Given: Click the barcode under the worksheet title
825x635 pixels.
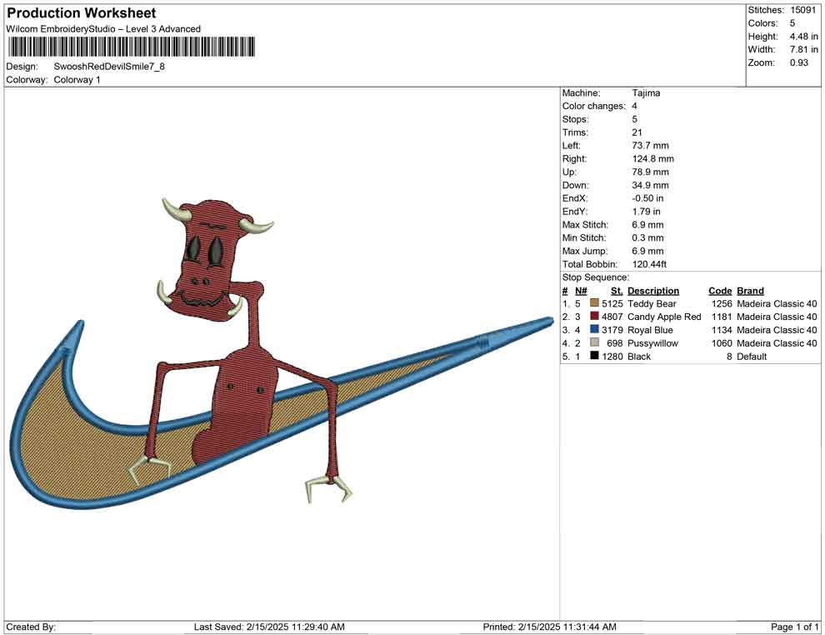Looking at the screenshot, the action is click(131, 47).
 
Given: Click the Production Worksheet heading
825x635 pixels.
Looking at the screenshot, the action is click(82, 13).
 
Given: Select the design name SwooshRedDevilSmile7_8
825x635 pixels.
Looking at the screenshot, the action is click(109, 67).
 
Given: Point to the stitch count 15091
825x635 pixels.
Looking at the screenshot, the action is click(802, 10).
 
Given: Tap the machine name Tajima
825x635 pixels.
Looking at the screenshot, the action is click(646, 93).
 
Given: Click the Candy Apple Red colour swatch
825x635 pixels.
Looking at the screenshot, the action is click(594, 316).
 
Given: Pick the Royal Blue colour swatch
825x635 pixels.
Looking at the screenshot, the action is click(594, 329).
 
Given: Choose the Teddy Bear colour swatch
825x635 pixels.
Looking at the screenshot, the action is click(594, 303).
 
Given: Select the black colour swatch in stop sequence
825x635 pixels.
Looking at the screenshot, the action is click(594, 356).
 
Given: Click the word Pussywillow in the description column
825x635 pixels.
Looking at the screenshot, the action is click(652, 343).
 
